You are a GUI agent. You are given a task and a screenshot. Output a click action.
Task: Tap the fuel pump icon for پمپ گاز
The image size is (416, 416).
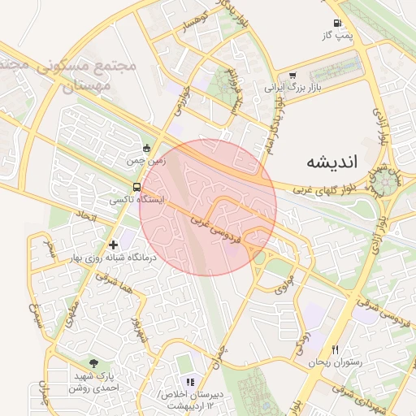click(337, 24)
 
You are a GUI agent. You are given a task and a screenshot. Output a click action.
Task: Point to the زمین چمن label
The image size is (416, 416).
click(145, 161)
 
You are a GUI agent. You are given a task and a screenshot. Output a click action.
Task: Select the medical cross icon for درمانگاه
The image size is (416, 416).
click(112, 243)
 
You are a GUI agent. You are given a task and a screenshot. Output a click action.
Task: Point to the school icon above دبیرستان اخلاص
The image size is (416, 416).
click(190, 381)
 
